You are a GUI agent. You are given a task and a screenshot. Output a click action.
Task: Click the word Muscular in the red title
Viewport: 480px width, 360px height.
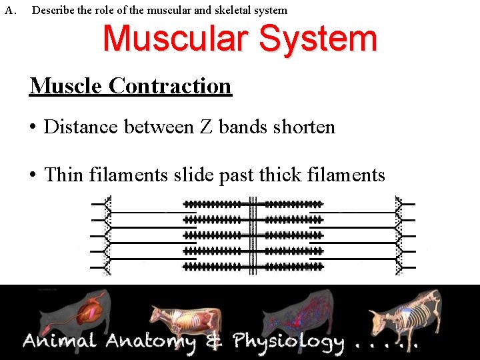coord(177,39)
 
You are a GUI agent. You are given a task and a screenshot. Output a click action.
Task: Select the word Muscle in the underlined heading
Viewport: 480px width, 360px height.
coord(66,86)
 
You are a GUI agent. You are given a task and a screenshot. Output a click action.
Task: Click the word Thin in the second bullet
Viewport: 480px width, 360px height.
coord(64,175)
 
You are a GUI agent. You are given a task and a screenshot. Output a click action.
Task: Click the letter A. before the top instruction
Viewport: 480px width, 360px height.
coord(9,10)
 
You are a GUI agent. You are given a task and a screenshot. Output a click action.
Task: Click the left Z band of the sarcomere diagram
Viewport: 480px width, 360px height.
coord(108,235)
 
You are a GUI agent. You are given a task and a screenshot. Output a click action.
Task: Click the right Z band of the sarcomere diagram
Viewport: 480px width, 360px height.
coord(399,235)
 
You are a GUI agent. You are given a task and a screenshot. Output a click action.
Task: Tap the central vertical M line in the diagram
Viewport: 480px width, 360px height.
coord(253,235)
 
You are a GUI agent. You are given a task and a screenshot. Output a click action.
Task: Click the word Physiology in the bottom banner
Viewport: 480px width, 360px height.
coord(288,343)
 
